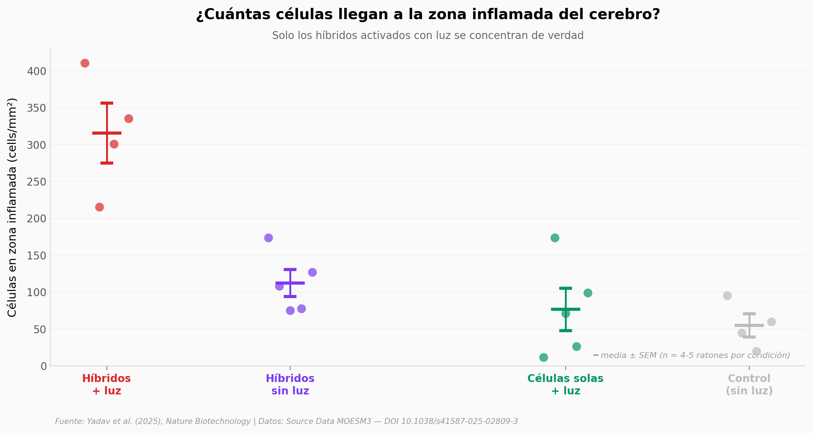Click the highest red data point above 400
tap(85, 63)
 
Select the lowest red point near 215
tap(99, 207)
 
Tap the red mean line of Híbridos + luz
tap(107, 133)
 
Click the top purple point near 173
tap(268, 238)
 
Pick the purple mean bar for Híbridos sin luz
tap(290, 283)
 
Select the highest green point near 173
tap(555, 238)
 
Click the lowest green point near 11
tap(543, 357)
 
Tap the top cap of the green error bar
tap(566, 288)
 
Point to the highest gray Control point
tap(727, 295)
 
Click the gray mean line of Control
tap(749, 325)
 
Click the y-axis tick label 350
tap(36, 108)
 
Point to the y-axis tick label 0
tap(43, 366)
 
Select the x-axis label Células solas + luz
tap(565, 385)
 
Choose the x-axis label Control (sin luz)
tap(749, 385)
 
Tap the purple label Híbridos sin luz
tap(290, 385)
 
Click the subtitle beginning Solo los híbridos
tap(428, 36)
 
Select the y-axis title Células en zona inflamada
tap(12, 207)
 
